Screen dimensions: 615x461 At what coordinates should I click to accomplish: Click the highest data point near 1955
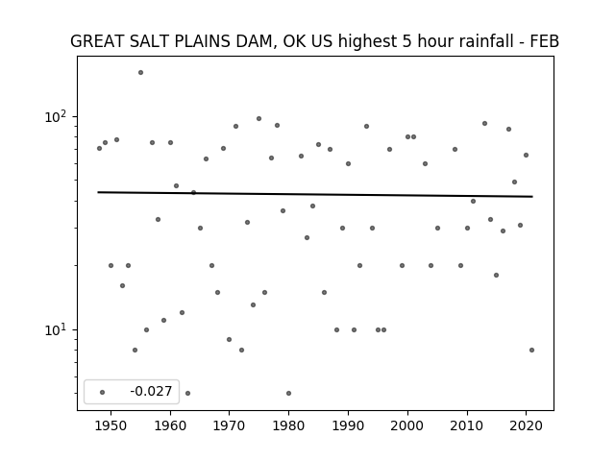[x=140, y=73]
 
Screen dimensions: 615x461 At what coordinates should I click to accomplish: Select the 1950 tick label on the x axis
[x=111, y=425]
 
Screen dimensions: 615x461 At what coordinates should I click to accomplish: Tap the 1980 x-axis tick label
[x=288, y=425]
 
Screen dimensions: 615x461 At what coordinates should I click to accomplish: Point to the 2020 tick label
[x=526, y=425]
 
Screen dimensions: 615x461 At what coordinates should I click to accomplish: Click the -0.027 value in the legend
[x=151, y=391]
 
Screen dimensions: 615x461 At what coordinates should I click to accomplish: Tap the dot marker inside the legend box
[x=103, y=392]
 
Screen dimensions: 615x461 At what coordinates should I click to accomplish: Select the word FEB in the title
[x=545, y=41]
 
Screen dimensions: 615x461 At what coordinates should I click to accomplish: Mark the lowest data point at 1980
[x=288, y=393]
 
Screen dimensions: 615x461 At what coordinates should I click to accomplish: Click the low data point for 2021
[x=531, y=350]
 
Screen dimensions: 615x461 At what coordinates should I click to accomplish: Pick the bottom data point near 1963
[x=188, y=393]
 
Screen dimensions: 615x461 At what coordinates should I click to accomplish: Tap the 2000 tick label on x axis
[x=407, y=425]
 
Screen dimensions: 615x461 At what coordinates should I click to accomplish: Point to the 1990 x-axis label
[x=348, y=425]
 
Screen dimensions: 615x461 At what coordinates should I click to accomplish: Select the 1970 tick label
[x=230, y=425]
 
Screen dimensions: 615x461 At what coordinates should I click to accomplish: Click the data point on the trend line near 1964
[x=193, y=192]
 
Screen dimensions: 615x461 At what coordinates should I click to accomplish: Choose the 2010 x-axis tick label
[x=467, y=425]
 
